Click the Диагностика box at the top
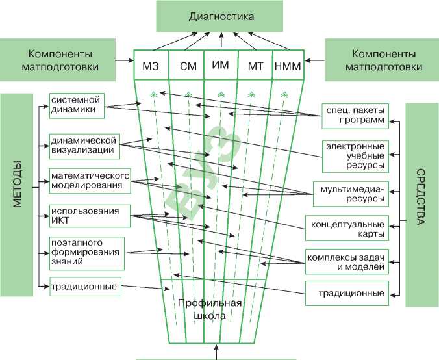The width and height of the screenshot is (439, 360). click(x=219, y=16)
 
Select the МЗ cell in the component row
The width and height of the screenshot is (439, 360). click(x=151, y=65)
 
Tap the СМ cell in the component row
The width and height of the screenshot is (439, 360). click(x=187, y=65)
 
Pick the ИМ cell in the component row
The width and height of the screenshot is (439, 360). click(x=221, y=65)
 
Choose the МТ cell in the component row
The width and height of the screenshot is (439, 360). click(x=255, y=65)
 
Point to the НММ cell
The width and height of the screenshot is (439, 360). click(x=288, y=65)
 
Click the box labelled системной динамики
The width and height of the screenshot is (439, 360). click(x=77, y=106)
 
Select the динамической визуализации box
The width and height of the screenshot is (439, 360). click(x=84, y=146)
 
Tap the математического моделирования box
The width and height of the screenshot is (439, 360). click(x=90, y=181)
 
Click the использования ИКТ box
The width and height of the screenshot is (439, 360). click(x=90, y=216)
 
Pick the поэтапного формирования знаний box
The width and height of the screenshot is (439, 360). click(x=87, y=253)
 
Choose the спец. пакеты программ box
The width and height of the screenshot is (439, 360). click(x=355, y=116)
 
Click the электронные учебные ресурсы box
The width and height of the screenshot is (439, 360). click(x=356, y=157)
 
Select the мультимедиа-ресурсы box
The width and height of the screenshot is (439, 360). click(x=351, y=194)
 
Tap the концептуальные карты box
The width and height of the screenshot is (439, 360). click(x=347, y=228)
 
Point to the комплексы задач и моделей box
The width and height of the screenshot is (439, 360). click(x=347, y=261)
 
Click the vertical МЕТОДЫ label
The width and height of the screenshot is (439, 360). click(x=18, y=184)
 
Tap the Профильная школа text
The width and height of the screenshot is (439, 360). click(x=210, y=309)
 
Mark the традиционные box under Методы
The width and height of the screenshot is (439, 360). click(x=85, y=287)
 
